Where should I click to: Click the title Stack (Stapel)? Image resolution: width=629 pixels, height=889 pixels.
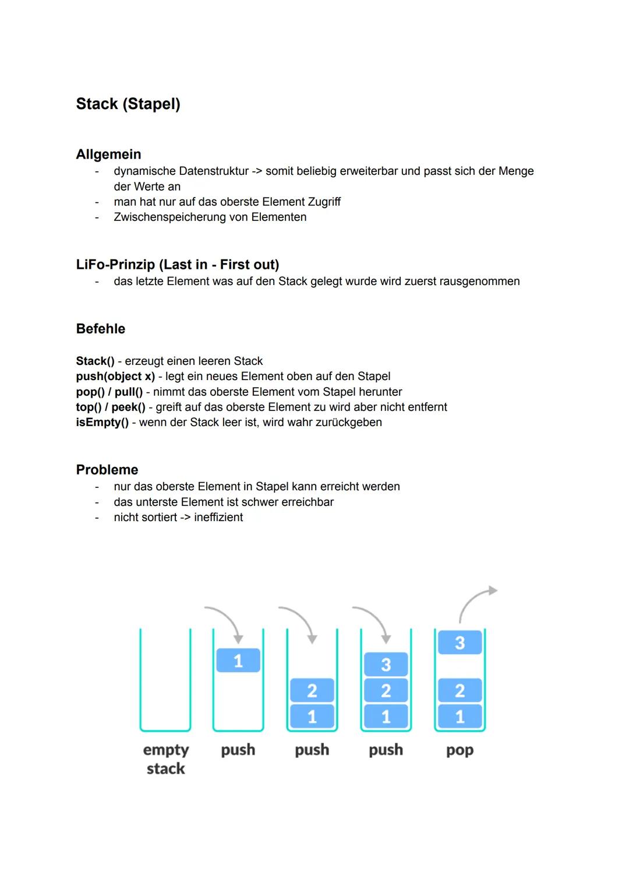point(128,104)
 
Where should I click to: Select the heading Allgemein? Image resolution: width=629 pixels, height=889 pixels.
point(108,154)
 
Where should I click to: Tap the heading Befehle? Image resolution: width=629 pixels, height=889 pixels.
point(100,329)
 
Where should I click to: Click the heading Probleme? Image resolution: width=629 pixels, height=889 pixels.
point(107,470)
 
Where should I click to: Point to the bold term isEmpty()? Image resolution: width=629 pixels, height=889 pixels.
point(102,422)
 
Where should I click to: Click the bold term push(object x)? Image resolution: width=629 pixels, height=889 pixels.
point(115,377)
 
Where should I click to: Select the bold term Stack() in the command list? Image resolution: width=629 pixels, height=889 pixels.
point(95,361)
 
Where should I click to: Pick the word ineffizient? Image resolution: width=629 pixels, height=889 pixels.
point(218,517)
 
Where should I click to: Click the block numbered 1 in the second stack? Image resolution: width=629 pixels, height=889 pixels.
point(238,660)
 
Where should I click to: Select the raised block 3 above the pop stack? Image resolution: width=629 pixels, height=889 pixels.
point(460,642)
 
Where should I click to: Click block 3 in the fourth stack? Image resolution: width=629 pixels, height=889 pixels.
point(386,665)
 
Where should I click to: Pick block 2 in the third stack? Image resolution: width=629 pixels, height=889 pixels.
point(312,691)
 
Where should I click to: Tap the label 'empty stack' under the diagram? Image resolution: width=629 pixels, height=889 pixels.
point(165,759)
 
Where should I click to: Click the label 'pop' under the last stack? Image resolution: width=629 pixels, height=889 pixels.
point(460,750)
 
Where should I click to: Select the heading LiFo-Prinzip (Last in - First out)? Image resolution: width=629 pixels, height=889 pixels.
point(178,265)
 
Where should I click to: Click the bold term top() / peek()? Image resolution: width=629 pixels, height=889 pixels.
point(111,407)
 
